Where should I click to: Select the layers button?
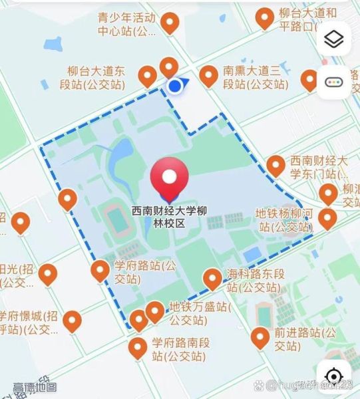point(333,39)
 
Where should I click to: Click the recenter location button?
point(335,374)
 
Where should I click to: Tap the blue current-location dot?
point(175,86)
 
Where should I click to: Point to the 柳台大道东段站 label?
point(96,77)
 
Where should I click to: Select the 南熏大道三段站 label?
point(256,77)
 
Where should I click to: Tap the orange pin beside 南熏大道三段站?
point(210,76)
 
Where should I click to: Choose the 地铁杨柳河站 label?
point(285,221)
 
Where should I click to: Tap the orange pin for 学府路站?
point(100,271)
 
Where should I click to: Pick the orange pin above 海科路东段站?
point(212,278)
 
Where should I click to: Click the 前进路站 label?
point(297,339)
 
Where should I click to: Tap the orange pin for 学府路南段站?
point(138,347)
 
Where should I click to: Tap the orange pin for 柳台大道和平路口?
point(266,17)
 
